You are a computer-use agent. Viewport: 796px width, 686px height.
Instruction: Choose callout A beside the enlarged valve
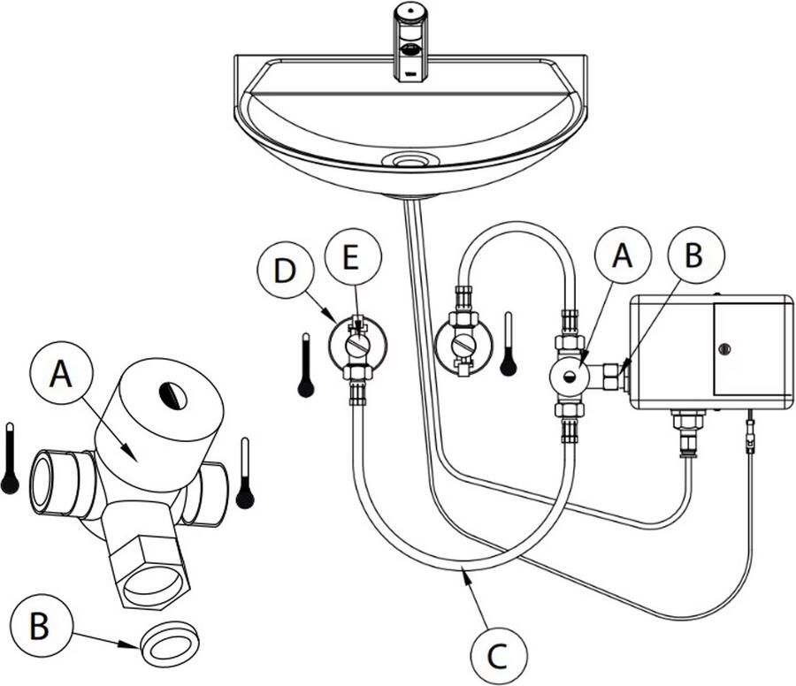(61, 373)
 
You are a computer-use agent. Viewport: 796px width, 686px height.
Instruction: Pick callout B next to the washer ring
(38, 626)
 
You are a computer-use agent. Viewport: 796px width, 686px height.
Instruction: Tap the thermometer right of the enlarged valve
(245, 473)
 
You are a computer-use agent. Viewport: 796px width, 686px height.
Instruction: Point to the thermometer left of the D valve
(306, 364)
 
